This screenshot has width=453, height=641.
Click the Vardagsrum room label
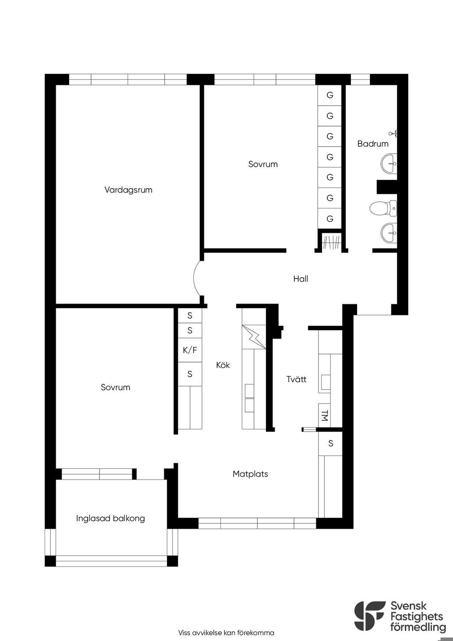point(128,190)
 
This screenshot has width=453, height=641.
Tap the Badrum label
point(373,144)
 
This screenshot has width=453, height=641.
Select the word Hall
point(300,279)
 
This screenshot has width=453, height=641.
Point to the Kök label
point(223,365)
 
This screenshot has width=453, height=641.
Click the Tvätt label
point(296,379)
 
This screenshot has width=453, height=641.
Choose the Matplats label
point(250,474)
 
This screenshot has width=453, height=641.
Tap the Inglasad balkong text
point(111,518)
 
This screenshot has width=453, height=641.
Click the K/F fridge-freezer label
point(190,350)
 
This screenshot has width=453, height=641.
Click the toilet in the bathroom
point(383,208)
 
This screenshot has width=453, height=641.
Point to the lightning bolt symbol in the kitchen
point(253,337)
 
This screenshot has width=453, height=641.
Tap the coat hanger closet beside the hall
point(331,241)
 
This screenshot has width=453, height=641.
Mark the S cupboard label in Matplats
point(330,443)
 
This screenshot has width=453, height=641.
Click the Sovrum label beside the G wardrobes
point(263,164)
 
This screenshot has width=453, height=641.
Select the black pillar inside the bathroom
point(387,187)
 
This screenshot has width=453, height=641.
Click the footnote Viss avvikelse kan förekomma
point(226,633)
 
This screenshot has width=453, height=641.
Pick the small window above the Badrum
point(361,80)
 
